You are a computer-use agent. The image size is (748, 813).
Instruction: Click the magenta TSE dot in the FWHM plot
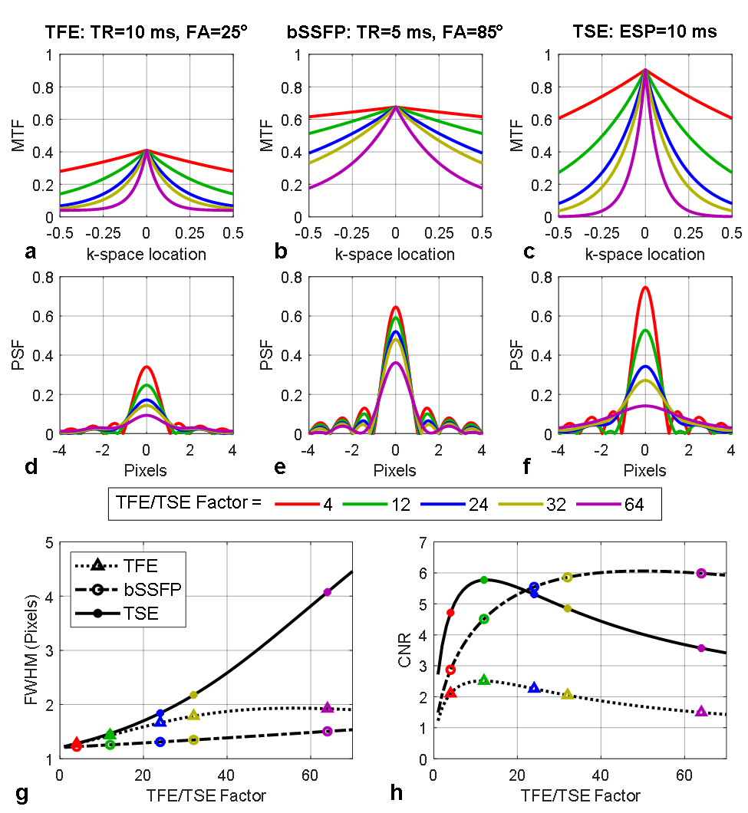pos(328,592)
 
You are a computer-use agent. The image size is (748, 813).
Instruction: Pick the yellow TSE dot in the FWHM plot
pos(193,695)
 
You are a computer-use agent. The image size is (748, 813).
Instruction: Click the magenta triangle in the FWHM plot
pos(328,707)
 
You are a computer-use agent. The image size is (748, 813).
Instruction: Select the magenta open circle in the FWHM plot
pos(328,731)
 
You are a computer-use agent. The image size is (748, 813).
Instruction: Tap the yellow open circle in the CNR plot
pos(567,577)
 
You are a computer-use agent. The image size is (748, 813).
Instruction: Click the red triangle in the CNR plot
pos(450,693)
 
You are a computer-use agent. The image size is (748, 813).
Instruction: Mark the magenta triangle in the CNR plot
pos(701,712)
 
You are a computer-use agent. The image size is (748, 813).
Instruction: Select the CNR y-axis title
pos(406,650)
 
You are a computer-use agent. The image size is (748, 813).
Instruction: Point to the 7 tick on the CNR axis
pos(423,542)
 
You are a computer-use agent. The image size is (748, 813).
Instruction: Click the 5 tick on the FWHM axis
pos(49,542)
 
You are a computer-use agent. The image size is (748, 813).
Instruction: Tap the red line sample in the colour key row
pos(297,504)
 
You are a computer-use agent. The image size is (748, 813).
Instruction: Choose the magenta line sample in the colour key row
pos(598,504)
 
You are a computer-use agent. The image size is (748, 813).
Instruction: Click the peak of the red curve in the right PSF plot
pos(645,288)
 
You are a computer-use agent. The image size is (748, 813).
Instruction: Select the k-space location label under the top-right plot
pos(645,255)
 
